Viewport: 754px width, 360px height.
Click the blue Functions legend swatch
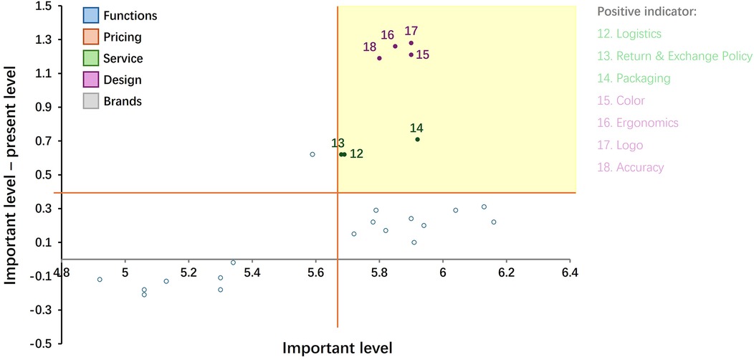90,15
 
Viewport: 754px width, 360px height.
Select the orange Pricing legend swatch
90,37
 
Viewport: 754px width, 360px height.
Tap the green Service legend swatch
90,58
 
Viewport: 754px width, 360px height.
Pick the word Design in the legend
122,80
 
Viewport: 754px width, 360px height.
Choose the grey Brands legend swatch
90,101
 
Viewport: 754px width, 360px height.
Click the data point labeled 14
417,139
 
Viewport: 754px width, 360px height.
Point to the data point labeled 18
379,58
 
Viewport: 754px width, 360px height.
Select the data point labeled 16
395,46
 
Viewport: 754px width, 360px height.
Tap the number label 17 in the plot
411,31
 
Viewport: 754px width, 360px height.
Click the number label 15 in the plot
423,55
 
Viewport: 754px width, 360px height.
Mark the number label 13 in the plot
338,143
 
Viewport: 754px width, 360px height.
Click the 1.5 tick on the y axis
42,6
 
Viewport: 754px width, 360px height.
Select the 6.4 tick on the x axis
570,273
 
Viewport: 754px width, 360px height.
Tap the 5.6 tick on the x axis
315,273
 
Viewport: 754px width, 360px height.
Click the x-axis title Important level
337,348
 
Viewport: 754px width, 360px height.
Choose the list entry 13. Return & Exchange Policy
674,56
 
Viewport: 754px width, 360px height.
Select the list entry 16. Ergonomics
638,123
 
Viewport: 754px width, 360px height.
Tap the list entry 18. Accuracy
631,167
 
